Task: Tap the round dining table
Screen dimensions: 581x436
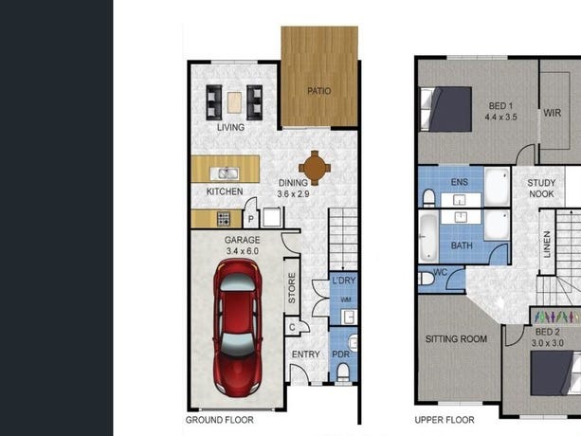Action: pyautogui.click(x=315, y=168)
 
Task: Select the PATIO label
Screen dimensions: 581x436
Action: pyautogui.click(x=319, y=91)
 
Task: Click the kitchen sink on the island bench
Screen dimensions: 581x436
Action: pyautogui.click(x=225, y=173)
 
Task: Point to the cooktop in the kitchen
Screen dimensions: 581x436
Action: pyautogui.click(x=224, y=219)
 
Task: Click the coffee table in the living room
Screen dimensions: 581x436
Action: pyautogui.click(x=234, y=102)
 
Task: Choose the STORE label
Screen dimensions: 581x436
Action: pyautogui.click(x=292, y=288)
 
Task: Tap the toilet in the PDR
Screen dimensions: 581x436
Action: pyautogui.click(x=343, y=372)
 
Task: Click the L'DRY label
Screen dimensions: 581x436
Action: pyautogui.click(x=343, y=281)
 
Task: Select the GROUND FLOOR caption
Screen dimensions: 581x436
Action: pyautogui.click(x=219, y=420)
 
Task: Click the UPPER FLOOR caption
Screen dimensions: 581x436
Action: pyautogui.click(x=445, y=420)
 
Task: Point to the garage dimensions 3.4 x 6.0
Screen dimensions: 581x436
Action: pyautogui.click(x=243, y=251)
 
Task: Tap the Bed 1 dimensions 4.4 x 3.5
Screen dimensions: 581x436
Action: pyautogui.click(x=500, y=118)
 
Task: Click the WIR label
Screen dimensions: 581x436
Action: pyautogui.click(x=553, y=113)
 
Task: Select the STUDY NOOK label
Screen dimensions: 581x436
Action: pyautogui.click(x=541, y=189)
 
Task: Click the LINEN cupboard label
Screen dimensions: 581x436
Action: pyautogui.click(x=547, y=245)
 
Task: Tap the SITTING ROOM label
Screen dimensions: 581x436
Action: pyautogui.click(x=456, y=338)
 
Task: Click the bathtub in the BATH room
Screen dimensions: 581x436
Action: pyautogui.click(x=428, y=237)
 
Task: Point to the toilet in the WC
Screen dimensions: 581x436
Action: pyautogui.click(x=426, y=279)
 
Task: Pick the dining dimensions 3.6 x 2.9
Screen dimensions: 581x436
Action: pyautogui.click(x=293, y=193)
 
